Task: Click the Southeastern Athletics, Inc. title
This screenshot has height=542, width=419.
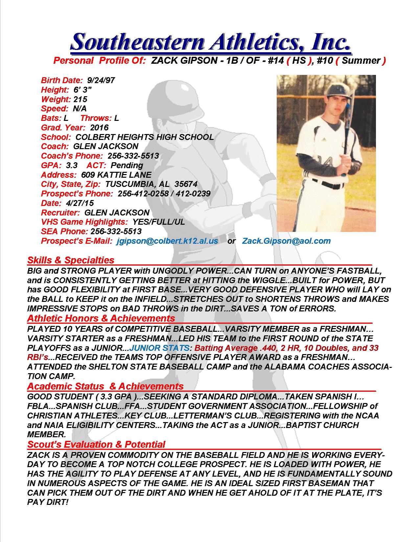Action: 210,42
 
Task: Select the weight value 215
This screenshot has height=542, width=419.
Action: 80,99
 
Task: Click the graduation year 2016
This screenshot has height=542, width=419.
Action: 99,127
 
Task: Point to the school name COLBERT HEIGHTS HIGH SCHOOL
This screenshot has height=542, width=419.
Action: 145,137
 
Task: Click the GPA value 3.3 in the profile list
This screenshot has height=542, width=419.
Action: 71,165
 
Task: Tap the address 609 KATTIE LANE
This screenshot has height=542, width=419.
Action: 116,175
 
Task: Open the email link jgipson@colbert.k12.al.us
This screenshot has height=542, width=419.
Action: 167,241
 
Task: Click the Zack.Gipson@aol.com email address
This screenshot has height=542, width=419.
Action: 286,241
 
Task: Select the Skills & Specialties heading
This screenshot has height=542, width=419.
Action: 71,260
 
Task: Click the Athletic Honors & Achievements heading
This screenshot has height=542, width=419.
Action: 101,318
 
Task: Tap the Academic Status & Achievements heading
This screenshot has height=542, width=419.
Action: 105,386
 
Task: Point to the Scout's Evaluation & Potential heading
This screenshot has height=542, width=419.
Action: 96,444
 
